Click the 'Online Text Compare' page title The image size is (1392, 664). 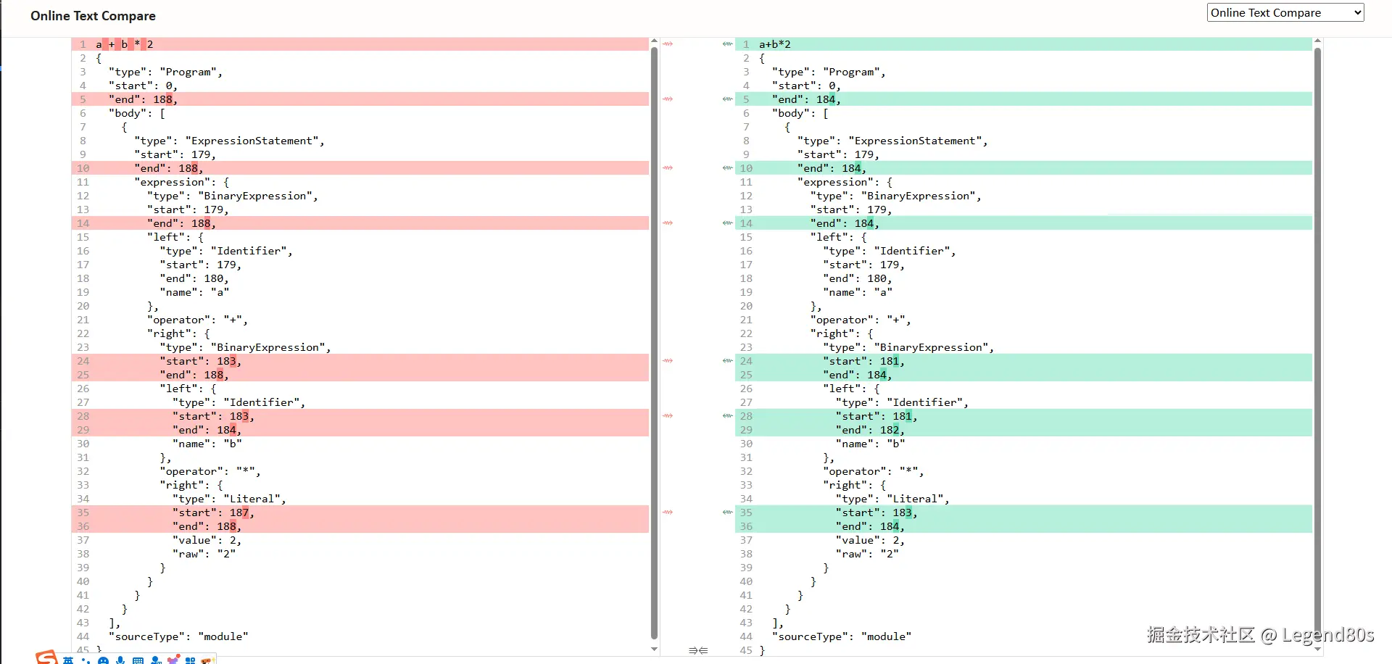point(93,16)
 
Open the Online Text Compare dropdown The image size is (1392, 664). point(1285,12)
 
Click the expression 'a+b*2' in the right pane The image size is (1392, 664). point(775,44)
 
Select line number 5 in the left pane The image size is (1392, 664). point(83,99)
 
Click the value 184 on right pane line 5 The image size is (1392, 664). point(826,99)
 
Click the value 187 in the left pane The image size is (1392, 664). point(239,512)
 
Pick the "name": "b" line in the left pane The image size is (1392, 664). point(207,444)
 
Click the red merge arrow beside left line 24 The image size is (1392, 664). point(668,360)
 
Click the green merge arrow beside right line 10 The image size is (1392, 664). point(727,168)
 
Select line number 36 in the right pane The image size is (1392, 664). point(746,526)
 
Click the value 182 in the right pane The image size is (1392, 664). point(890,430)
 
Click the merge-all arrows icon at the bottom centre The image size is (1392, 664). point(698,650)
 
